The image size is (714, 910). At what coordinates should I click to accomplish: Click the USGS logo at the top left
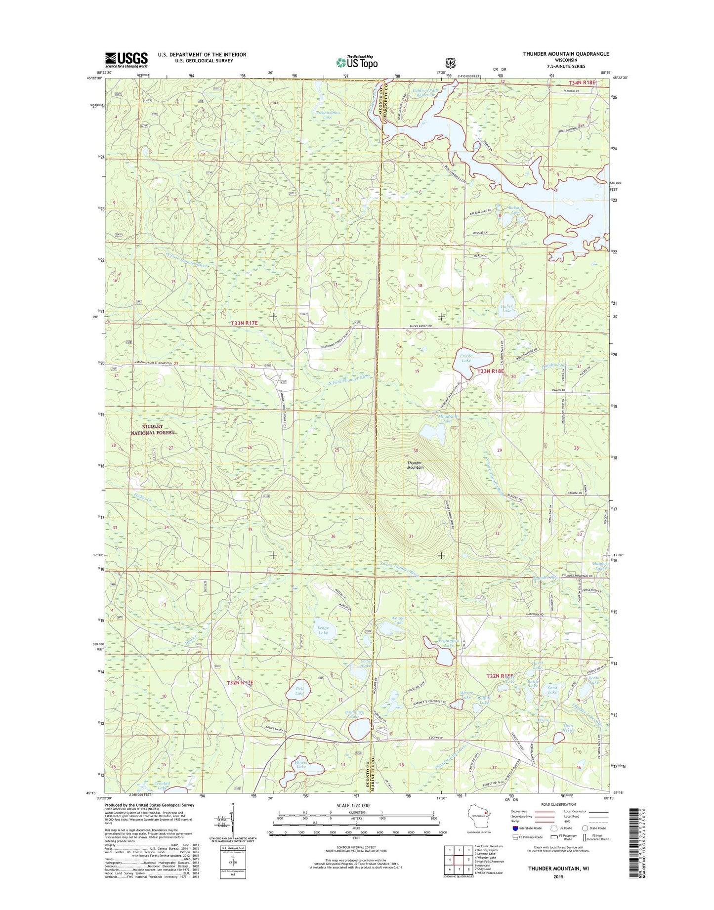126,60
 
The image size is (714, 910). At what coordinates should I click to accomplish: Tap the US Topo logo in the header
357,62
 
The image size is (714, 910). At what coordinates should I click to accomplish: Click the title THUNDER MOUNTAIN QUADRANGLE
566,54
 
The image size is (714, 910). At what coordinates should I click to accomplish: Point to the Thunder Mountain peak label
416,465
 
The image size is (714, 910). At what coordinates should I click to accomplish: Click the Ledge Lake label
323,630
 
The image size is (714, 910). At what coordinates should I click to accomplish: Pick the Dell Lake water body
298,693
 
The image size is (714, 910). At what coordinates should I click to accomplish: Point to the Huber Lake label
506,308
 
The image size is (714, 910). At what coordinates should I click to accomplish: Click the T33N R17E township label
245,323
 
